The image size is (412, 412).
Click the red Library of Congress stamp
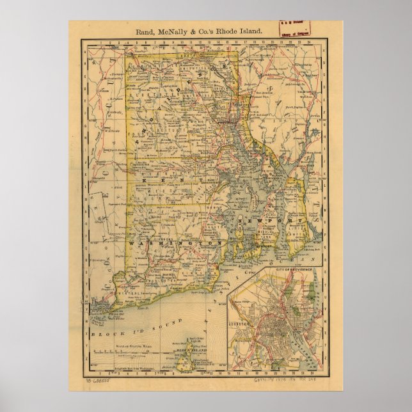pyautogui.click(x=293, y=29)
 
